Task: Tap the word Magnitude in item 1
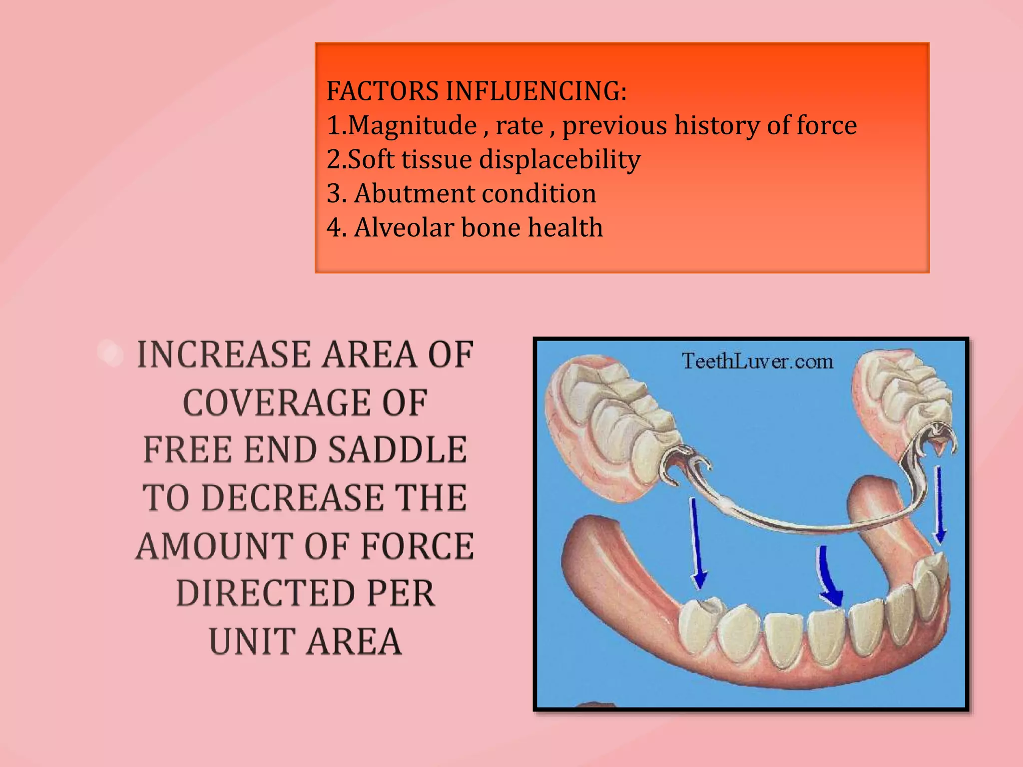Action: click(412, 125)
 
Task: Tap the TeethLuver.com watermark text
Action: click(757, 361)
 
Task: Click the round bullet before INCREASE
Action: click(111, 354)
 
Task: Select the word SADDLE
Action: click(398, 450)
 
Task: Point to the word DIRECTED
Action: click(266, 594)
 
